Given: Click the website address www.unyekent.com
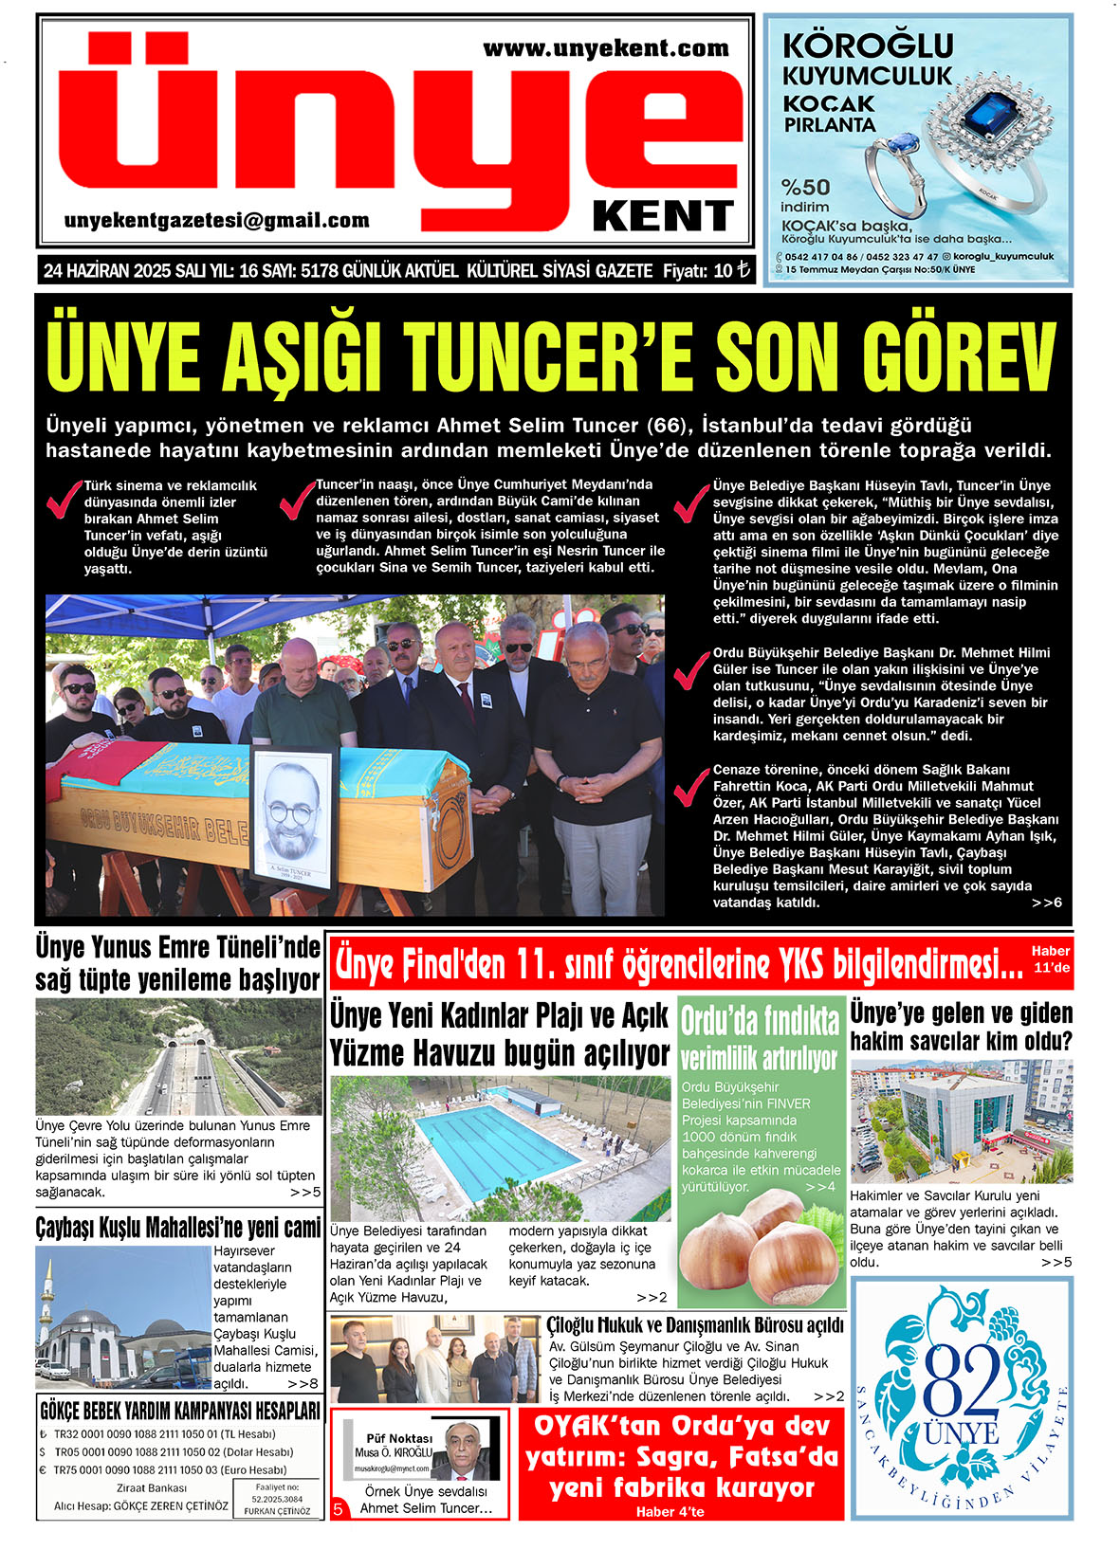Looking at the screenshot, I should click(x=605, y=48).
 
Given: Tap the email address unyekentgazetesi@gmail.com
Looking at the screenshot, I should click(x=217, y=221).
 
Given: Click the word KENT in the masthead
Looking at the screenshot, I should click(x=663, y=217).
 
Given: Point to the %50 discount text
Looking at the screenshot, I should click(x=805, y=187).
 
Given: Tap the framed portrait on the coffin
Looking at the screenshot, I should click(x=293, y=817).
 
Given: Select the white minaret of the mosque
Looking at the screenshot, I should click(x=48, y=1301).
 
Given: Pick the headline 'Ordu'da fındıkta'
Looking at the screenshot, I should click(x=760, y=1021).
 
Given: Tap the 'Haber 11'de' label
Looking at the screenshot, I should click(x=1051, y=958).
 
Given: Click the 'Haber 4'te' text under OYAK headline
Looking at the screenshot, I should click(x=670, y=1511).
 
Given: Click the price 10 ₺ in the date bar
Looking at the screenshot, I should click(x=731, y=271).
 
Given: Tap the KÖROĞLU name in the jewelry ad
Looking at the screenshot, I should click(x=868, y=46).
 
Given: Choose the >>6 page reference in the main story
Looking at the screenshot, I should click(x=1046, y=903).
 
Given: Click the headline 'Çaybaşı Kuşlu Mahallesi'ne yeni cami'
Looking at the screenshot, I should click(x=178, y=1229).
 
